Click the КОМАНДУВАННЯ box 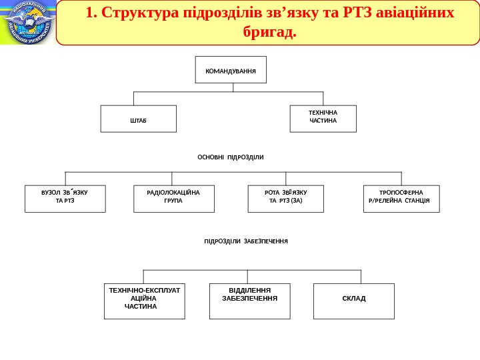tap(231, 69)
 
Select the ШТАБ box tap(139, 119)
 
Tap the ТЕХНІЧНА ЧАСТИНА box tap(323, 119)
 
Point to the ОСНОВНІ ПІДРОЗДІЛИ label tap(231, 157)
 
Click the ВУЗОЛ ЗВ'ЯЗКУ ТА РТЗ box tap(65, 199)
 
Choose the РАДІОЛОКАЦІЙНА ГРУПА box tap(174, 199)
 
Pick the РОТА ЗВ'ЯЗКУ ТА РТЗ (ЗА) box tap(285, 199)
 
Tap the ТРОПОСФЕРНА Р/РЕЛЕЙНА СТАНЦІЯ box tap(401, 199)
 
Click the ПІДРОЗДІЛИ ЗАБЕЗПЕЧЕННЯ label tap(246, 241)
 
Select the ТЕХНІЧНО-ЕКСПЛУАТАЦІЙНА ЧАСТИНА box tap(145, 301)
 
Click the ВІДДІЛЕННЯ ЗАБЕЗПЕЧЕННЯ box tap(250, 301)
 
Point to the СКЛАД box tap(354, 301)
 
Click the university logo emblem tap(28, 23)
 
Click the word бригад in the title tap(268, 31)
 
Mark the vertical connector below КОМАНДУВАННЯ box tap(232, 87)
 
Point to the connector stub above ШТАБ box tap(134, 98)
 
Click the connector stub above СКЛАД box tap(361, 277)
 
